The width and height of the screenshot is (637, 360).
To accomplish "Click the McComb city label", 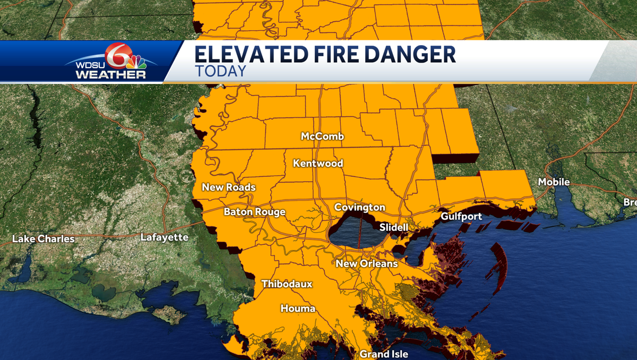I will [322, 136].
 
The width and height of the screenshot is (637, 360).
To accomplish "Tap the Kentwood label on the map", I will [318, 163].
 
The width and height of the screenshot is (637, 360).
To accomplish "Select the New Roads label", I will [229, 187].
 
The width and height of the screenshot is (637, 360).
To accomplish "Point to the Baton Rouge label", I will [255, 212].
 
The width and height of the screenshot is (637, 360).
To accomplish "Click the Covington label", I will [360, 207].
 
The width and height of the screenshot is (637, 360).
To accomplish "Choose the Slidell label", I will [394, 227].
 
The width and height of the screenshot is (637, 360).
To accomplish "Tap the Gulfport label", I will [461, 216].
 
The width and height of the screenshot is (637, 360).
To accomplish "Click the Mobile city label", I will [554, 182].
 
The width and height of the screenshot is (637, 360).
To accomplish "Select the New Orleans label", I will [367, 263].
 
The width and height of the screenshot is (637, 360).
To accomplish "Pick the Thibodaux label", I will [287, 284].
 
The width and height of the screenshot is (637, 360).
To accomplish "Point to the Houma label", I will [298, 308].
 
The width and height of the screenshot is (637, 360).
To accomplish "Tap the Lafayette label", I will [165, 237].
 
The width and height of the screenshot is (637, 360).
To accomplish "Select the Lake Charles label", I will [44, 239].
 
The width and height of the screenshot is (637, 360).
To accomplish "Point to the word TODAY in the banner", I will [221, 71].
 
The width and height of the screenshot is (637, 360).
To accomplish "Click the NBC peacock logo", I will [136, 62].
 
